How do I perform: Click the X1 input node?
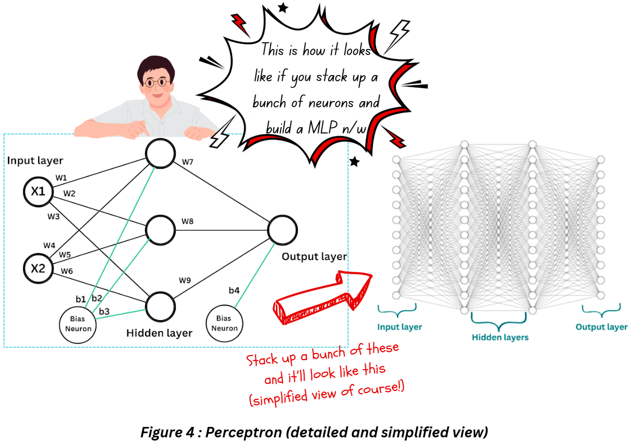click(x=38, y=191)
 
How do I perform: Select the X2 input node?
click(x=38, y=268)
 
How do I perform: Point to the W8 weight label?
click(x=187, y=222)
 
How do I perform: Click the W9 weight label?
click(x=185, y=280)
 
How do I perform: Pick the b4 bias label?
click(x=234, y=290)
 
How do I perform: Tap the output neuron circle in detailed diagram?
click(x=283, y=230)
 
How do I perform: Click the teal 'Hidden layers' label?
click(x=500, y=337)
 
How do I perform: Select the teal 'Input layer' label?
click(x=400, y=327)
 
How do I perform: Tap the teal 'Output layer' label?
click(x=601, y=327)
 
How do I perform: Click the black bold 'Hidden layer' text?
click(x=159, y=333)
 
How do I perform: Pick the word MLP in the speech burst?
click(x=321, y=128)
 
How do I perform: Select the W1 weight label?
click(x=61, y=178)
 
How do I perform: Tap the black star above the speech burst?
click(x=283, y=7)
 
